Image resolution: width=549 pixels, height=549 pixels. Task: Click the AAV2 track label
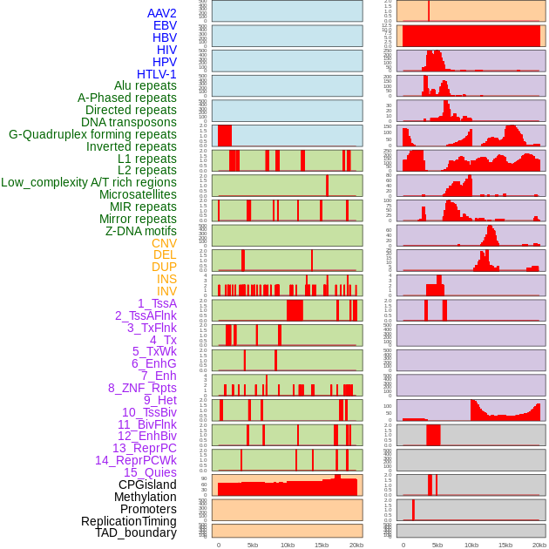161,13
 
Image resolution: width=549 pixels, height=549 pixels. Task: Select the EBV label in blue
165,25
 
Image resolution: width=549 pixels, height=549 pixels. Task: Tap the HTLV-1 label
156,74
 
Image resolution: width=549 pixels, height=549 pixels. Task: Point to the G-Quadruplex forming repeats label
92,134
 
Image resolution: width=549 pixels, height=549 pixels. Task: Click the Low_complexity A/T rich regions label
89,182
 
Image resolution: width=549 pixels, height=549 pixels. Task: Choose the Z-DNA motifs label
140,231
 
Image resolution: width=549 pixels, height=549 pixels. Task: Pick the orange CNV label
164,243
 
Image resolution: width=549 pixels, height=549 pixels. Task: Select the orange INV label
166,291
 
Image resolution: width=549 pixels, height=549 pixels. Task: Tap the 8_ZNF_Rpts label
142,388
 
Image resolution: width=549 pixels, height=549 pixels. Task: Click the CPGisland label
147,485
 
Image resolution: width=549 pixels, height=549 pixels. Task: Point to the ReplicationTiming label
129,521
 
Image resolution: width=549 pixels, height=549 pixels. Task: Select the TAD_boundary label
136,532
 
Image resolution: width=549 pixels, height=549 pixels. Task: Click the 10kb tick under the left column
287,545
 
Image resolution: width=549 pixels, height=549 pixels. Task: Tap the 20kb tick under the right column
539,545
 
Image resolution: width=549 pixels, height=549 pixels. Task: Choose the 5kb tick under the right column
437,545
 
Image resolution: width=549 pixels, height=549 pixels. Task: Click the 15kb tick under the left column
322,545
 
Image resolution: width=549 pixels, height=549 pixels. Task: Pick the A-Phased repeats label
127,98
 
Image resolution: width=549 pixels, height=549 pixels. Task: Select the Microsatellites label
138,194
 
